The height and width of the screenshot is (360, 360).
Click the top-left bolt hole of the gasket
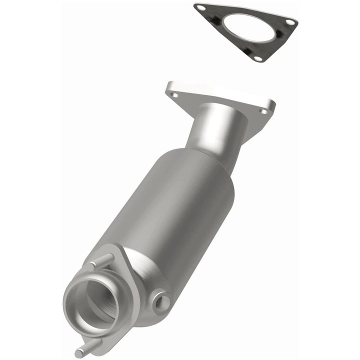click(201, 8)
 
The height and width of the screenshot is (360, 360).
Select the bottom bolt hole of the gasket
click(257, 58)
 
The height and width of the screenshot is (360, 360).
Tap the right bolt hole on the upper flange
click(263, 111)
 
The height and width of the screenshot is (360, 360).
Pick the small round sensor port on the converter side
click(162, 300)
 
